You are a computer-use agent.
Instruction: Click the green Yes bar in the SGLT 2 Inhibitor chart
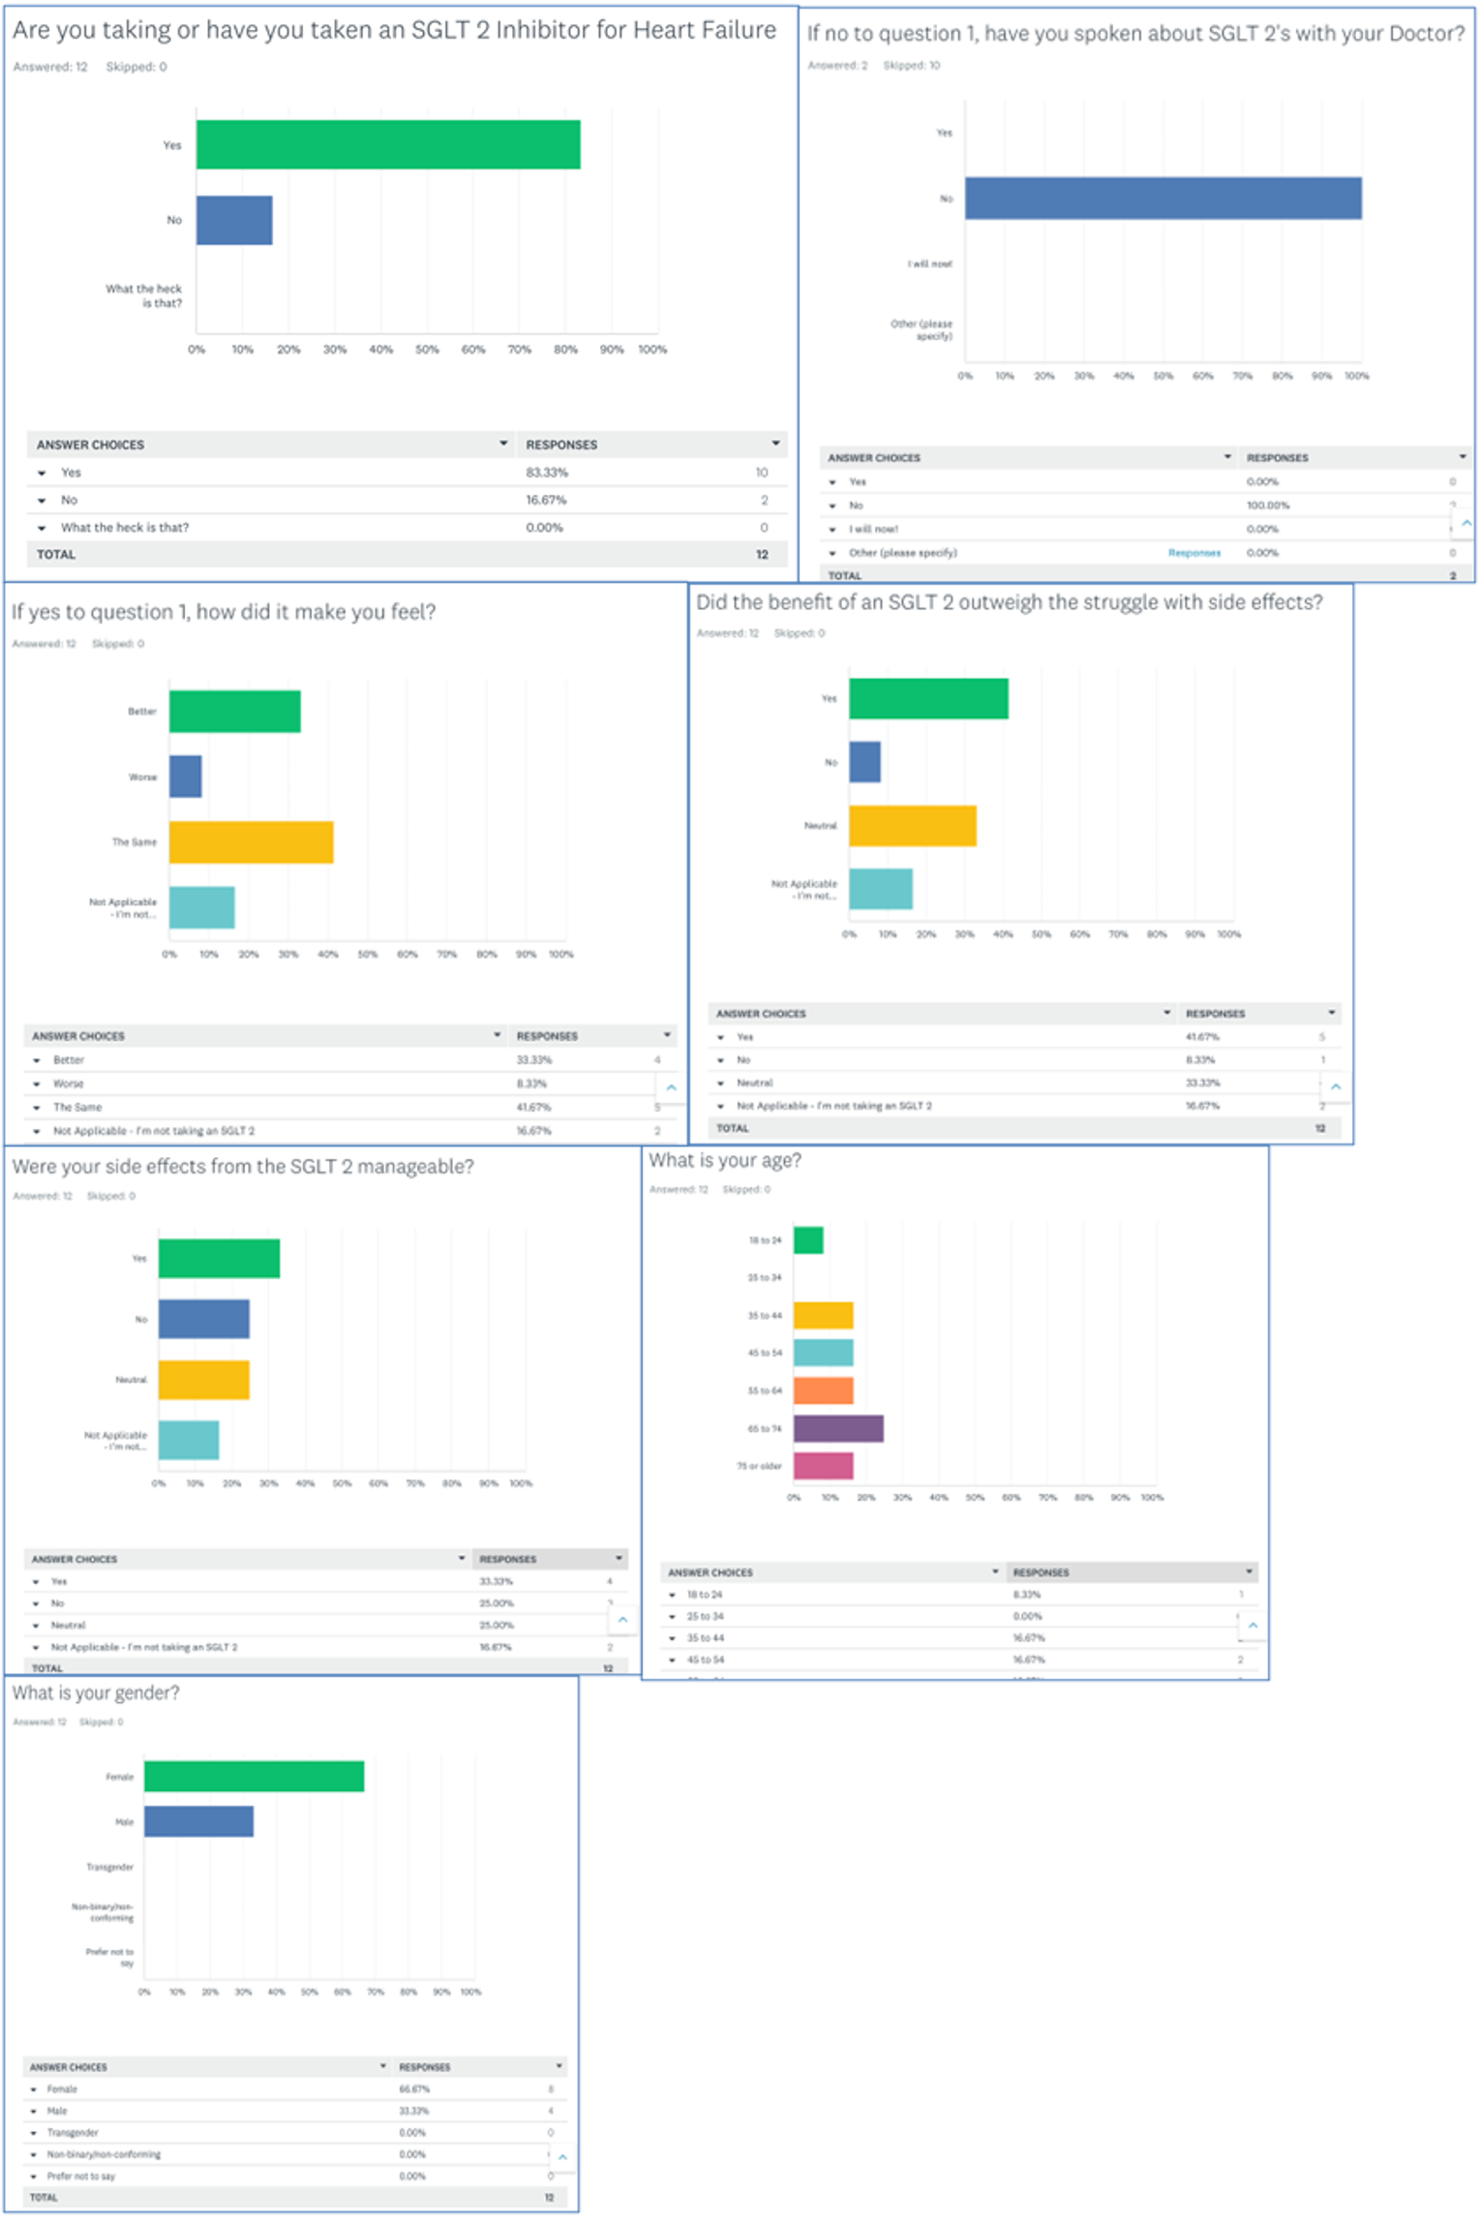[x=387, y=144]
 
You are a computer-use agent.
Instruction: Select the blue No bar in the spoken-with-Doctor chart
[x=1162, y=198]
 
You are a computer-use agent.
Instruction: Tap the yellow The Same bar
[x=251, y=841]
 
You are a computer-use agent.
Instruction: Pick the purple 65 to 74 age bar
[x=837, y=1427]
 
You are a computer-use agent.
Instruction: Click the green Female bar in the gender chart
[x=254, y=1776]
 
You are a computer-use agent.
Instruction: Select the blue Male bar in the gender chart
[x=198, y=1820]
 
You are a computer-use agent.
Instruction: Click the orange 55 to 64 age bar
[x=823, y=1389]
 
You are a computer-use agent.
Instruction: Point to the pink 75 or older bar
[x=823, y=1465]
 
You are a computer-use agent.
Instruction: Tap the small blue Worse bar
[x=185, y=776]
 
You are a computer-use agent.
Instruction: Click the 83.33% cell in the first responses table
[x=547, y=472]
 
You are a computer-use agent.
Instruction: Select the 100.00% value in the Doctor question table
[x=1267, y=505]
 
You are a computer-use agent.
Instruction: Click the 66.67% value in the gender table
[x=413, y=2089]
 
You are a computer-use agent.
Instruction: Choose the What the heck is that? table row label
[x=125, y=528]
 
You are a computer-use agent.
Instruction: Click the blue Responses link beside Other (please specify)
[x=1194, y=553]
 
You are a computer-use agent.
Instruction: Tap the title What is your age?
[x=725, y=1160]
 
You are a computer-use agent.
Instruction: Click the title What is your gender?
[x=96, y=1692]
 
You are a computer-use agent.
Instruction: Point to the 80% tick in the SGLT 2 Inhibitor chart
[x=565, y=350]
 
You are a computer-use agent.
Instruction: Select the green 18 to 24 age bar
[x=808, y=1239]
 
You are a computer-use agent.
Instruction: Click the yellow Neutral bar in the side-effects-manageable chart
[x=203, y=1379]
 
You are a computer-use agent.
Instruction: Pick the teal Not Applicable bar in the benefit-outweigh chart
[x=880, y=888]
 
